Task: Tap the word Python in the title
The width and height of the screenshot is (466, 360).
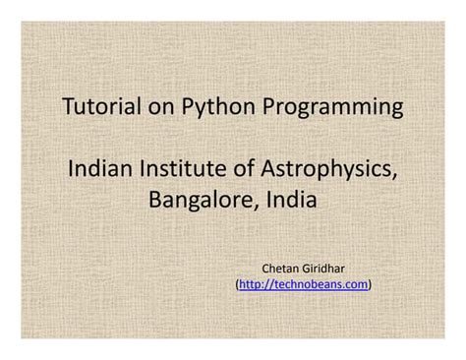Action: pos(209,106)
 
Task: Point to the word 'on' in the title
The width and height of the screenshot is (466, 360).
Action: pos(156,105)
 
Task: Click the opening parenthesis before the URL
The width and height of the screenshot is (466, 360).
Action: pos(238,283)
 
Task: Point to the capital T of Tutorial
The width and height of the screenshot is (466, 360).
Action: pos(68,105)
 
